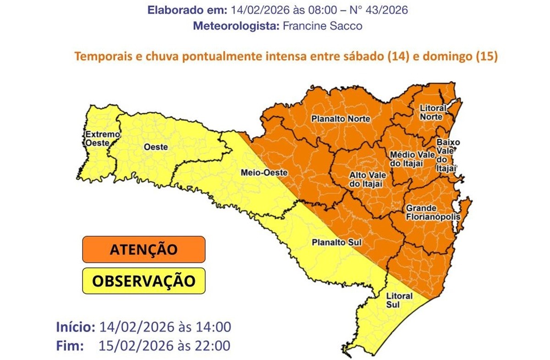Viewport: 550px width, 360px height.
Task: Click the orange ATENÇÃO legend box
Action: pyautogui.click(x=143, y=249)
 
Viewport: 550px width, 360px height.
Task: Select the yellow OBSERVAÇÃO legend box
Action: pyautogui.click(x=143, y=280)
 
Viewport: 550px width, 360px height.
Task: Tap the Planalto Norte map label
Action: pyautogui.click(x=341, y=119)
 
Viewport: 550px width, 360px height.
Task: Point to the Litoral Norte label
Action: pyautogui.click(x=432, y=112)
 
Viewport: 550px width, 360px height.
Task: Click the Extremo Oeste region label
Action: pyautogui.click(x=102, y=138)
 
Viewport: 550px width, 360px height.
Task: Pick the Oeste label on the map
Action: pyautogui.click(x=155, y=147)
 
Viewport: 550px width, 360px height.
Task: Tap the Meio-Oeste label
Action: pyautogui.click(x=264, y=173)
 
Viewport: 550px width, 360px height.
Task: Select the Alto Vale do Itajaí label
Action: pyautogui.click(x=367, y=179)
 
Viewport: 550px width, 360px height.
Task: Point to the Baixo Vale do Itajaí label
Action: pyautogui.click(x=447, y=155)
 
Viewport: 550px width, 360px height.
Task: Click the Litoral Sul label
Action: pyautogui.click(x=399, y=300)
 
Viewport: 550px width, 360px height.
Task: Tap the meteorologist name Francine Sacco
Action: pyautogui.click(x=322, y=26)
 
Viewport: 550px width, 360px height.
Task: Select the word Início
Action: pyautogui.click(x=76, y=327)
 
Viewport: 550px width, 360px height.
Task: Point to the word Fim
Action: pyautogui.click(x=70, y=345)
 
